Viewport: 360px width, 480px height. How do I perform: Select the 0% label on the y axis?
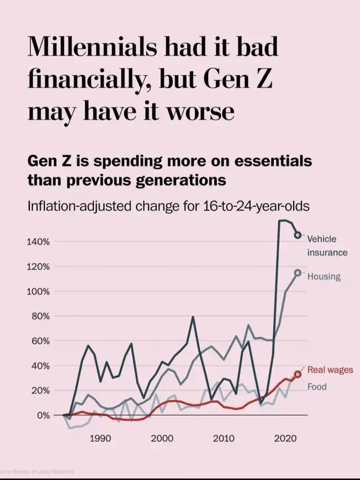(43, 415)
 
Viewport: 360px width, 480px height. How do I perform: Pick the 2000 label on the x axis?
(161, 437)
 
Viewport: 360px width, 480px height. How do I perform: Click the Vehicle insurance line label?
(327, 246)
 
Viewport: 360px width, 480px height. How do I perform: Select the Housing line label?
(323, 277)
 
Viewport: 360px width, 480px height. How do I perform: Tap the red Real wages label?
(330, 369)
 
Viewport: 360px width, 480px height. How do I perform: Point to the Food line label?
(317, 387)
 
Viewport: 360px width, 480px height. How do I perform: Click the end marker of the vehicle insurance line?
(298, 235)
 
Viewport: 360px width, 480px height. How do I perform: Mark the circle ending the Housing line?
(298, 273)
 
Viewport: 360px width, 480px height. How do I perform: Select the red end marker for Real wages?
(298, 374)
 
